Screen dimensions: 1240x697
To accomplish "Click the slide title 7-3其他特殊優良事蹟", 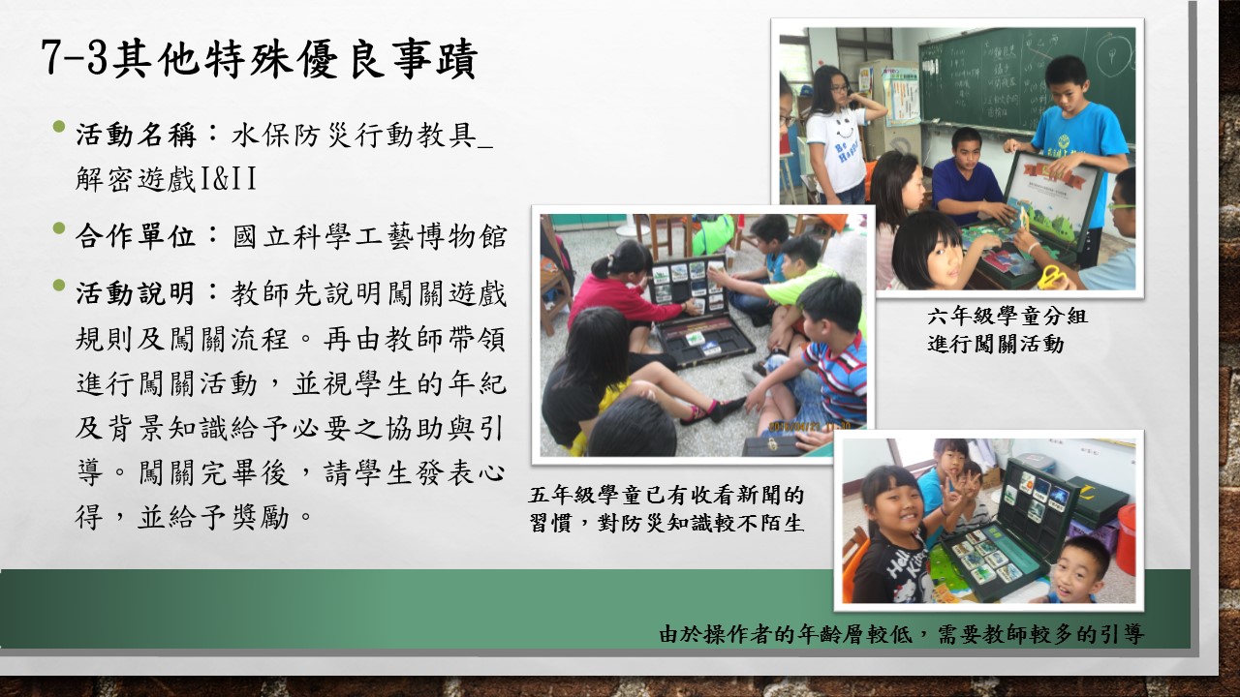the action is coord(259,59).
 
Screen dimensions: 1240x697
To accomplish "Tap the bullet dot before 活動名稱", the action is coord(59,127).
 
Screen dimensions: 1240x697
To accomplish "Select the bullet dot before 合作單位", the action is coord(59,227).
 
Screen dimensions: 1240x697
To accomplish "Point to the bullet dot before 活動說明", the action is coord(59,286).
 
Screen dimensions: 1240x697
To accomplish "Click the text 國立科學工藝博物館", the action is coord(369,237).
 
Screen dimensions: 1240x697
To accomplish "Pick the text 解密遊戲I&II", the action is coord(166,179).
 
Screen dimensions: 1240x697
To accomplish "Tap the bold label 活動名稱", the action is coord(136,135).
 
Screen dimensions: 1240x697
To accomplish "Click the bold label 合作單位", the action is coord(136,236).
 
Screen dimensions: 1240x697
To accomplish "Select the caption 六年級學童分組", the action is coord(1007,316).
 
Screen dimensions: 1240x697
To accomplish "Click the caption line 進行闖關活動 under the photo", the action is coord(996,344).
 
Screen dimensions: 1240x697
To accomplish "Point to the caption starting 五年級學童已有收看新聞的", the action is coord(666,495).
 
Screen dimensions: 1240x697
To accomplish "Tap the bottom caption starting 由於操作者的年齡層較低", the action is coord(901,634).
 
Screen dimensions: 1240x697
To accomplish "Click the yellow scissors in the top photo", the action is coord(1056,277).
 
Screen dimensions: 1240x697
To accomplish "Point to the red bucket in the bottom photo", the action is coord(1126,538).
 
